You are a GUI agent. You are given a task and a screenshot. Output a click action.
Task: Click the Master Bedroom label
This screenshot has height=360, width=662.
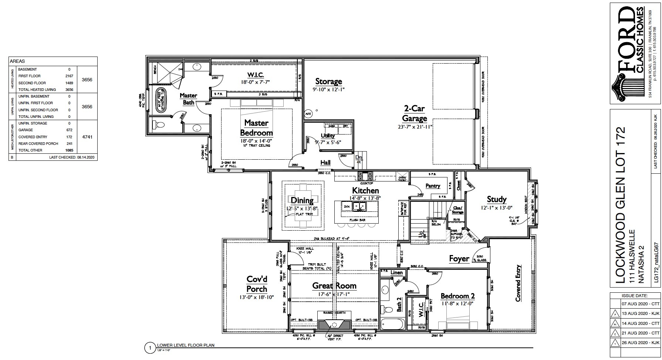256,128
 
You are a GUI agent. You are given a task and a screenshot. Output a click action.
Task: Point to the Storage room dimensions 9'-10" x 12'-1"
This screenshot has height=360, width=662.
328,89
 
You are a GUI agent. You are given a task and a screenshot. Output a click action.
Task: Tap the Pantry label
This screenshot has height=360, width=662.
433,186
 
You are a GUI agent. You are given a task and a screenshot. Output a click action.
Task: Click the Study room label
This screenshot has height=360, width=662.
496,200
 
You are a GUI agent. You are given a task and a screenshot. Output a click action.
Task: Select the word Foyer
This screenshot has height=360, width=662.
459,259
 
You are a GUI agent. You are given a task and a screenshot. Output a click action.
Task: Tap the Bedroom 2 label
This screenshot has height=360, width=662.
457,296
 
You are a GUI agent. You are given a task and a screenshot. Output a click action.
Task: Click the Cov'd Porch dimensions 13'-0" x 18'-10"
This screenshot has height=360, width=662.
256,297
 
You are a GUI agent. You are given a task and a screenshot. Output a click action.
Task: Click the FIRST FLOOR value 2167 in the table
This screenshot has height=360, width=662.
69,76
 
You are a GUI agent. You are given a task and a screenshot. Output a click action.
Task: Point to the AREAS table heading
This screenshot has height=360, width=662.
17,61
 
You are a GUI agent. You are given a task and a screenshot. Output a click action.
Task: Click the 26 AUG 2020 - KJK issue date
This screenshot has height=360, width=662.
641,343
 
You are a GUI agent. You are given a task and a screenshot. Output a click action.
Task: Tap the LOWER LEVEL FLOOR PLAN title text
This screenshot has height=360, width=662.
186,345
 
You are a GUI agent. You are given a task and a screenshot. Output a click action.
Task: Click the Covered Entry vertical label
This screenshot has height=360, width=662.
519,283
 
